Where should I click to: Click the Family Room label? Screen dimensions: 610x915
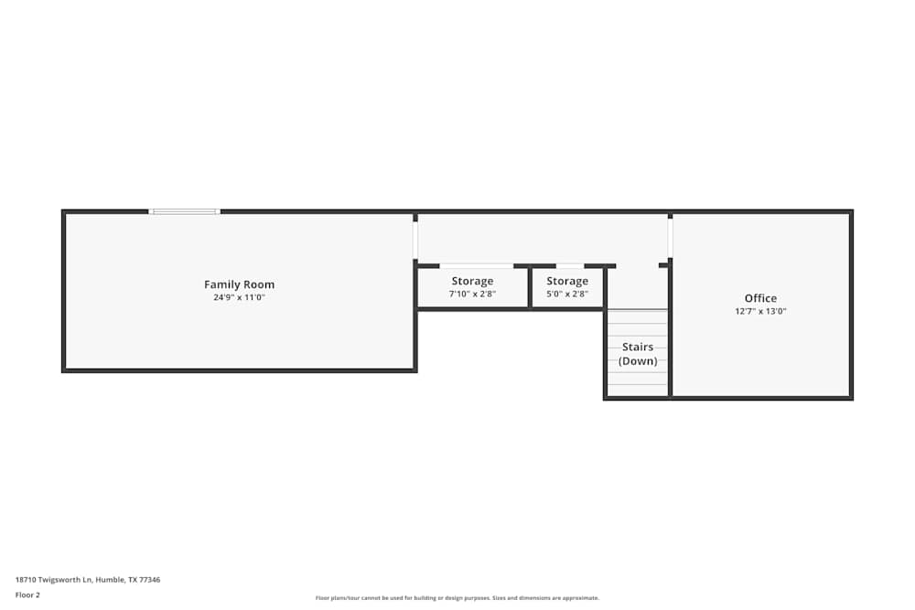239,284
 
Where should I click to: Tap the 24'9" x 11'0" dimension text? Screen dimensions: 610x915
239,297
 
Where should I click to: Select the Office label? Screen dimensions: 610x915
760,298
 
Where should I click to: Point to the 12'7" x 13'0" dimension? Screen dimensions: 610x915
760,311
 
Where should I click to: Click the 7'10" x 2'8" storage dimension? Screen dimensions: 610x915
472,294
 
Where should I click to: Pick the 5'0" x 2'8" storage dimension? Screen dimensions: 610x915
567,294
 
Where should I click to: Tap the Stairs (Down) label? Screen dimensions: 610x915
638,354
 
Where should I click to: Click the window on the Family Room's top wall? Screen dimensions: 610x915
185,211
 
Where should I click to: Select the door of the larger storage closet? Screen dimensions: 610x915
476,265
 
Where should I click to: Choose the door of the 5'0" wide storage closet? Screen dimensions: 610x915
570,265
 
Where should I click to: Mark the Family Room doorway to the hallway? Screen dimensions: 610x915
415,240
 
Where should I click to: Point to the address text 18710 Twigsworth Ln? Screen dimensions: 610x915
88,580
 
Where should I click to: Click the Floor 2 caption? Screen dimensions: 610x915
27,594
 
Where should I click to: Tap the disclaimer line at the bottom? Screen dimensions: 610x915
457,598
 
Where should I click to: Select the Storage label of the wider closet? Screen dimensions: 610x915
472,281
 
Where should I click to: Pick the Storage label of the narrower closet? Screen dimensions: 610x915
567,281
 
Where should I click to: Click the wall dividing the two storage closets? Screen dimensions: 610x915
530,288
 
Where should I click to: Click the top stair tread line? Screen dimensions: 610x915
638,311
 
